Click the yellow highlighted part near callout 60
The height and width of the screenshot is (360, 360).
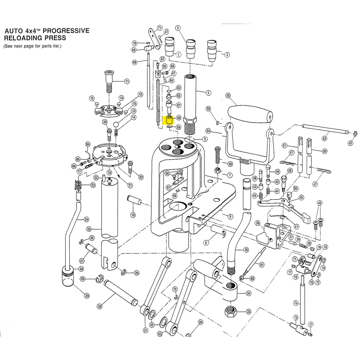168,120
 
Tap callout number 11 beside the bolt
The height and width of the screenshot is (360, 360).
127,81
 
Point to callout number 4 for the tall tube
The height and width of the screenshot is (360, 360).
209,93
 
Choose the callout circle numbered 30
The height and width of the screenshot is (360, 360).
99,307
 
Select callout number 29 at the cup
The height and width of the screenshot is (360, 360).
87,296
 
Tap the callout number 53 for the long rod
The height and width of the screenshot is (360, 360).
325,139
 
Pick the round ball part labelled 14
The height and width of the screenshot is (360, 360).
116,124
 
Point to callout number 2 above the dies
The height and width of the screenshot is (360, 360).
178,28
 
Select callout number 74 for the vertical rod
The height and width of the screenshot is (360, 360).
296,303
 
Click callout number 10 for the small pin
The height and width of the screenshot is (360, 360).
133,215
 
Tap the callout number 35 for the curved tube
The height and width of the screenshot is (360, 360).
246,250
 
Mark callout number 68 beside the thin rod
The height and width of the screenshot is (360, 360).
134,62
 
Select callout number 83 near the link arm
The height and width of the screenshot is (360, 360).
160,334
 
